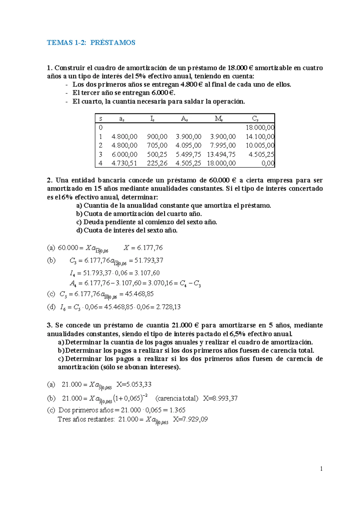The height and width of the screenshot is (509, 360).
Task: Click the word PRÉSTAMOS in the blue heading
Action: (113, 43)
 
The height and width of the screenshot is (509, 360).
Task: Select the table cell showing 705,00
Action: (157, 146)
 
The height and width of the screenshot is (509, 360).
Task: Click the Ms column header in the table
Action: (219, 119)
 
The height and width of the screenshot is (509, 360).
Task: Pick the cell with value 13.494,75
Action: (221, 155)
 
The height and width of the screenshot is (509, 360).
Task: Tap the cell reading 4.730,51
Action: (124, 163)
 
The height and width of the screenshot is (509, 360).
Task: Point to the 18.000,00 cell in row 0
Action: (260, 128)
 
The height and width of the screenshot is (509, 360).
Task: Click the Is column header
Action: (152, 119)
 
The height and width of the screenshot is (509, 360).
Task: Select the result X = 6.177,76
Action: (143, 248)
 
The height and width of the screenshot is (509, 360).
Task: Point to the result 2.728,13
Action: (169, 307)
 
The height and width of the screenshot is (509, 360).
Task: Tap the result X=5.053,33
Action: (134, 384)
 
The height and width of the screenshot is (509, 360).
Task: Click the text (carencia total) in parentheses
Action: (177, 399)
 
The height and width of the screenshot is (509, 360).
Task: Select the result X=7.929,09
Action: (190, 419)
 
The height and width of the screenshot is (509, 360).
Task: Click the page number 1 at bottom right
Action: (321, 469)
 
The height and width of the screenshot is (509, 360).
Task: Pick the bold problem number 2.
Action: (49, 180)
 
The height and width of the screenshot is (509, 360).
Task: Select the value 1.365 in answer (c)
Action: (177, 410)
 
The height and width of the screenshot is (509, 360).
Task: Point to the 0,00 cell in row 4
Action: (268, 163)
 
